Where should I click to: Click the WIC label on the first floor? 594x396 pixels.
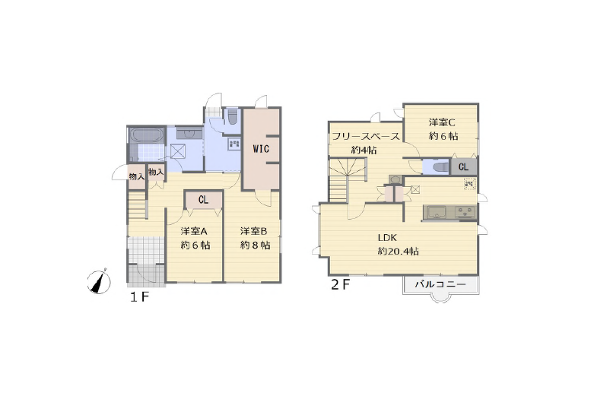click(x=261, y=149)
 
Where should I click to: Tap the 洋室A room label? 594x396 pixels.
click(x=194, y=231)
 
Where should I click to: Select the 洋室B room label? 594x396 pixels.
click(x=254, y=231)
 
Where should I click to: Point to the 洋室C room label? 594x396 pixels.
click(x=442, y=122)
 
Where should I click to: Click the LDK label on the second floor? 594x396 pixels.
click(x=387, y=238)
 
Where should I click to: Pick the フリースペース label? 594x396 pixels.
click(x=366, y=136)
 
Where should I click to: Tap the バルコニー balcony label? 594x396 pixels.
click(x=440, y=284)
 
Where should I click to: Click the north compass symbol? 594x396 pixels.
click(x=99, y=282)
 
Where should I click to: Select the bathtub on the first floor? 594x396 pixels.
click(x=147, y=135)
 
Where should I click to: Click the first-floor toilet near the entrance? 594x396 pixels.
click(x=232, y=116)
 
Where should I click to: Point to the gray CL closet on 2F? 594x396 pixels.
click(x=464, y=167)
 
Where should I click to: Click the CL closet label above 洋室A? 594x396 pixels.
click(x=203, y=199)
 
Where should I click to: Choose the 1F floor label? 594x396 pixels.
click(x=139, y=297)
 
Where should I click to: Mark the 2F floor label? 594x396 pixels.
click(x=340, y=285)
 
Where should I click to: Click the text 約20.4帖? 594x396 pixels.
click(x=398, y=252)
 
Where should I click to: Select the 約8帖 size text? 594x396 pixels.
click(x=256, y=246)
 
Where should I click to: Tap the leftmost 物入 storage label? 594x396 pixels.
click(x=137, y=176)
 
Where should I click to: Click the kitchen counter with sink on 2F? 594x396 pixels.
click(x=450, y=212)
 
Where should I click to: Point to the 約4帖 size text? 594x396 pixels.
click(x=364, y=150)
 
